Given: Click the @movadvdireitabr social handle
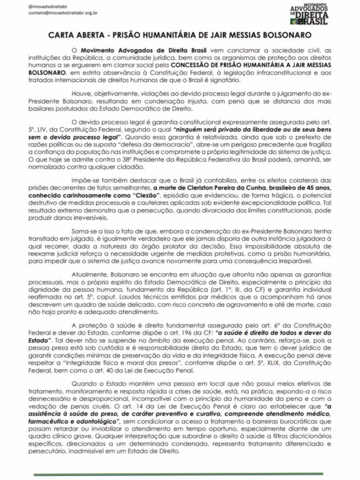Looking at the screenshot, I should pyautogui.click(x=47, y=6).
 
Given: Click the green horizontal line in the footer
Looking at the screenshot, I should pyautogui.click(x=180, y=474).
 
